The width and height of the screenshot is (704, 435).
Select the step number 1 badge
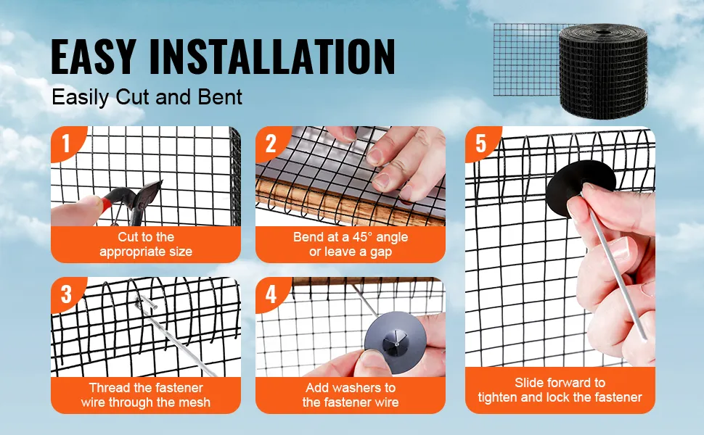click(x=67, y=143)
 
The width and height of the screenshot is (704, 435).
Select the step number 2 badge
click(x=271, y=144)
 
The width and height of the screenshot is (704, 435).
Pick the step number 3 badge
click(x=67, y=294)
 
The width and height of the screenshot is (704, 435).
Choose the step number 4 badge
click(x=271, y=294)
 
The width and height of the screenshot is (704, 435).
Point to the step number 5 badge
click(x=481, y=144)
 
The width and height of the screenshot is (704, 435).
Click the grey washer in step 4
click(x=395, y=337)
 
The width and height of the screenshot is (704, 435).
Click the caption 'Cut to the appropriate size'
click(x=146, y=244)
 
